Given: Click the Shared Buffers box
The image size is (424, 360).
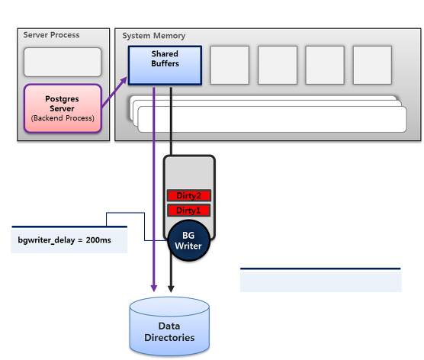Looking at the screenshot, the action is coord(165,66).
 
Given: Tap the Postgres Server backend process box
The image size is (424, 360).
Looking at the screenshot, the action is coord(63,108).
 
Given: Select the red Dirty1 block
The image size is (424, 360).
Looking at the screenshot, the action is coord(189,211).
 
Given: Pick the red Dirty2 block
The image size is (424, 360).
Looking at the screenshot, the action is coord(189,195).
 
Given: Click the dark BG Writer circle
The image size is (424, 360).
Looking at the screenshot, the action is coord(189,241).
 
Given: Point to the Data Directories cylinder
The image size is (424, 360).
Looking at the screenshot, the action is coord(169,326).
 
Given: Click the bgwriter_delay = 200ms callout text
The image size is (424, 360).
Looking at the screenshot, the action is coord(64,240).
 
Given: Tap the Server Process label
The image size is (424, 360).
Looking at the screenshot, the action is coord(51,35).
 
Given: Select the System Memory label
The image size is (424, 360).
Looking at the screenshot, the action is coord(154,36).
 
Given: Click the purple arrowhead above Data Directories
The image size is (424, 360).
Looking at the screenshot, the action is coord(154,288).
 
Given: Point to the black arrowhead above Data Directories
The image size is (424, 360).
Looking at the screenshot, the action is coord(171,288).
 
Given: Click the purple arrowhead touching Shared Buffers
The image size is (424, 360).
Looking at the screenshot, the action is coord(124,80).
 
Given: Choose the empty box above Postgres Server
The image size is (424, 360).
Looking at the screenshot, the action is coord(63,63).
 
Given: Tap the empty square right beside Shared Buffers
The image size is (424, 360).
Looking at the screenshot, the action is coord(230,65).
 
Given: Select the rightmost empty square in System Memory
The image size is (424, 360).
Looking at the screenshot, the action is coord(372,65).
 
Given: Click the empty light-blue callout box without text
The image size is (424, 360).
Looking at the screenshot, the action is coord(321,280).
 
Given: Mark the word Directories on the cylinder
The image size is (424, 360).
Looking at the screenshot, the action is coord(169,338).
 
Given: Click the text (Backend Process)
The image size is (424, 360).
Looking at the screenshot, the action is coord(63,118).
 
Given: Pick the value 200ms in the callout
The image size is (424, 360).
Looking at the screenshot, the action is coord(98,240).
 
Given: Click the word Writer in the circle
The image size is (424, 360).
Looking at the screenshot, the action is coord(188,246).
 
